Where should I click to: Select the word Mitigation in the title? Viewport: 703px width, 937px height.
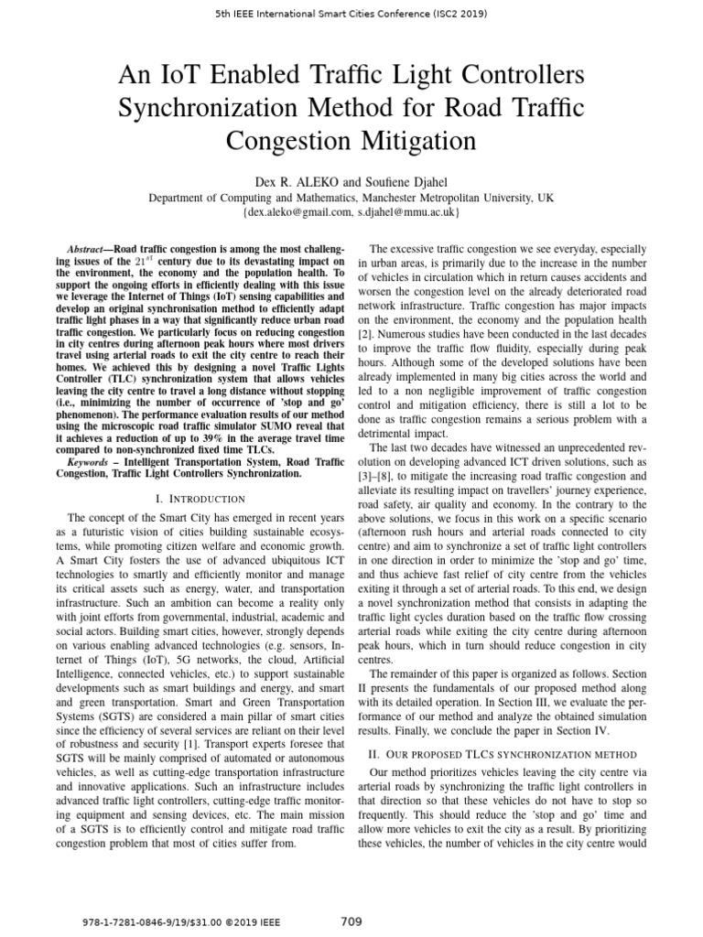tap(413, 142)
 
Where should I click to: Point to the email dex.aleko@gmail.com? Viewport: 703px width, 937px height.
tap(296, 212)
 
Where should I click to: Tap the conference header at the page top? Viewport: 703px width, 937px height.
tap(351, 15)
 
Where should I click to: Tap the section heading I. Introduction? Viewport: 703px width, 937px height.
tap(201, 499)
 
